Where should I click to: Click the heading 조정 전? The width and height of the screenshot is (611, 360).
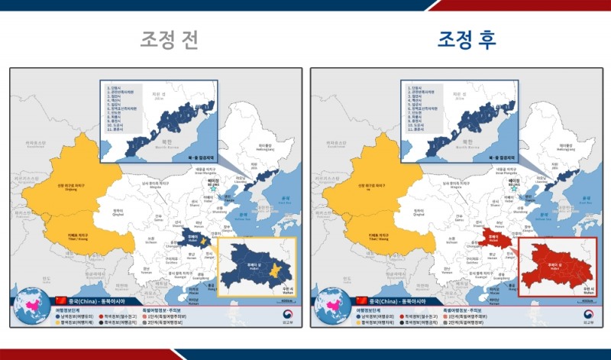coord(169,40)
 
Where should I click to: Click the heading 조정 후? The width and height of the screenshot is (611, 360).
coord(467,40)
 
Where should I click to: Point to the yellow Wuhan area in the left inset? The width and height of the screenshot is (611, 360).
coord(278,271)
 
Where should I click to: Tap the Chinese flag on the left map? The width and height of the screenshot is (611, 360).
coord(61,300)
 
